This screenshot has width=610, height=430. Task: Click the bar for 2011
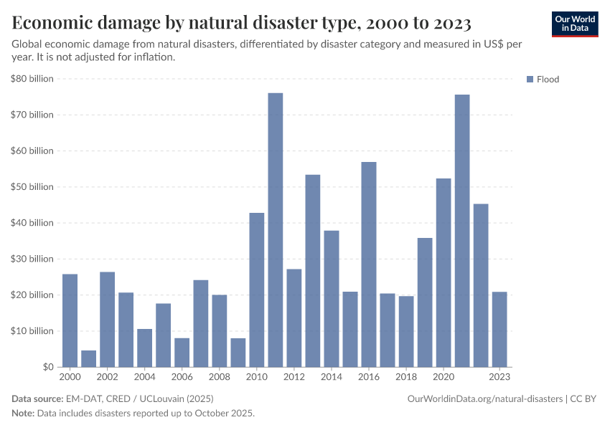click(276, 230)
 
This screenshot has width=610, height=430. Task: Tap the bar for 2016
click(369, 264)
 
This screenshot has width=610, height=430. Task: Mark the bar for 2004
click(145, 348)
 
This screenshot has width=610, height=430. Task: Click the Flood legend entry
click(547, 80)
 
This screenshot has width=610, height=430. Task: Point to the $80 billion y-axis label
click(32, 79)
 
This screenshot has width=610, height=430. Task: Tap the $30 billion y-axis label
click(32, 259)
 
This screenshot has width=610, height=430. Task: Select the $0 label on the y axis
click(47, 367)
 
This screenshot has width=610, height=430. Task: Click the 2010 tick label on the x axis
click(257, 377)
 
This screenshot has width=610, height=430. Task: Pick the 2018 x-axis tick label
click(406, 377)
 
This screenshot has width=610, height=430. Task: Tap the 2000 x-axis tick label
click(70, 377)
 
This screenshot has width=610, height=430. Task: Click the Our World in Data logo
click(575, 24)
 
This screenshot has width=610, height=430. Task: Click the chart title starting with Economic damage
click(241, 24)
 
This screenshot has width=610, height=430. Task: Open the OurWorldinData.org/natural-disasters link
click(485, 398)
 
